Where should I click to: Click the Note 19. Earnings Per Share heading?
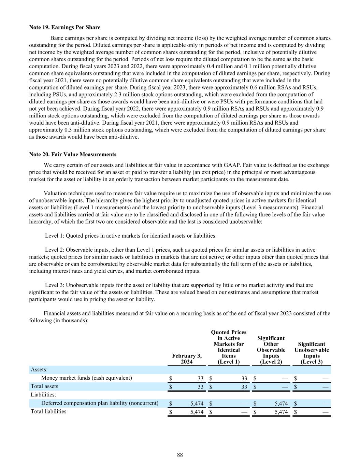click(x=65, y=27)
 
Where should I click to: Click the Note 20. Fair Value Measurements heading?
click(x=73, y=154)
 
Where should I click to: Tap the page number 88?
click(x=180, y=455)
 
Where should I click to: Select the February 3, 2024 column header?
click(x=187, y=359)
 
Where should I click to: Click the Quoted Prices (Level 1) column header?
click(x=229, y=347)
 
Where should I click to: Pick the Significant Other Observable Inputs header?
click(x=271, y=350)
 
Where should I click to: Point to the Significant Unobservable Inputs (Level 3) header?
click(x=312, y=353)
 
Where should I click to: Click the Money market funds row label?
click(x=86, y=378)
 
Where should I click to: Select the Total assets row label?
click(x=44, y=386)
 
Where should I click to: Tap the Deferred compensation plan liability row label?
click(x=100, y=403)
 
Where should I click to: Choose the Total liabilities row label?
click(x=48, y=411)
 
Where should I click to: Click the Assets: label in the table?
click(x=39, y=370)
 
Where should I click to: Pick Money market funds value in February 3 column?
click(x=201, y=378)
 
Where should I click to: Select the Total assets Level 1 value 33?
click(x=244, y=387)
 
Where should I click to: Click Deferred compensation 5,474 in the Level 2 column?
click(x=281, y=404)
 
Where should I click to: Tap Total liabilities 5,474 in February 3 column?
click(x=197, y=412)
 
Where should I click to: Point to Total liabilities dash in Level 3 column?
click(x=326, y=412)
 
